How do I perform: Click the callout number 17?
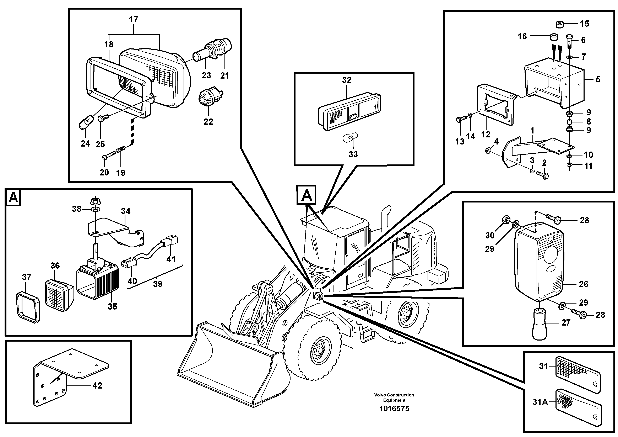click(134, 19)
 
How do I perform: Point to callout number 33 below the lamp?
click(353, 154)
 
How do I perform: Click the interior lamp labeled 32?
click(349, 112)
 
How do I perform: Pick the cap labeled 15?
click(560, 25)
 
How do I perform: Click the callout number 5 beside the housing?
click(598, 79)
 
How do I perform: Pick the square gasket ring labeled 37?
click(28, 307)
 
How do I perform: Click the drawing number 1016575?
click(394, 409)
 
